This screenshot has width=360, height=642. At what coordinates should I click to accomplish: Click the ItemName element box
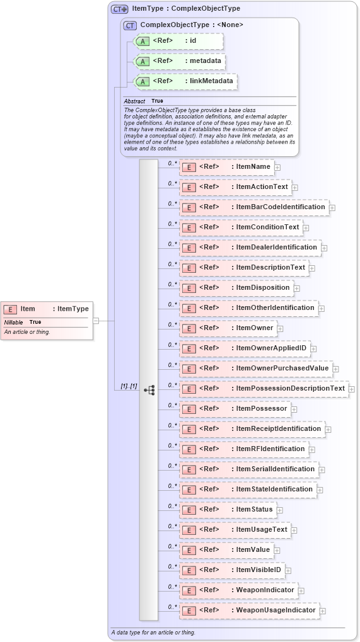[x=226, y=167]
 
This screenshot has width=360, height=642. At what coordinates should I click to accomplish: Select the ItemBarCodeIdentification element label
[x=281, y=207]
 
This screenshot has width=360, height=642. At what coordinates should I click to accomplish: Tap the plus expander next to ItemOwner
[x=281, y=328]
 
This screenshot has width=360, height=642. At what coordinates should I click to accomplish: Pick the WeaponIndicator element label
[x=265, y=590]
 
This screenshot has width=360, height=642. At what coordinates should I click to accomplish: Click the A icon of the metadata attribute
[x=143, y=62]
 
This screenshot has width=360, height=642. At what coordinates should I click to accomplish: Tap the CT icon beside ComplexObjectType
[x=131, y=25]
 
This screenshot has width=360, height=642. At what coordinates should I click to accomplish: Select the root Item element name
[x=28, y=309]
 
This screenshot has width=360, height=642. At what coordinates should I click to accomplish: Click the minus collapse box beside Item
[x=96, y=321]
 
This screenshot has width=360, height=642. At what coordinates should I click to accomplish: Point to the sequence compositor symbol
[x=149, y=390]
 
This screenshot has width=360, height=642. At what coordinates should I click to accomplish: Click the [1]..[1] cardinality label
[x=129, y=386]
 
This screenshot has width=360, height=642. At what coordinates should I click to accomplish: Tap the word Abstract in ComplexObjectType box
[x=134, y=101]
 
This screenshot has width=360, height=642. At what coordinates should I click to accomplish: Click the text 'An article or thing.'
[x=27, y=332]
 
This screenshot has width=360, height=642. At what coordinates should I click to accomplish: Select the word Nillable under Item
[x=14, y=322]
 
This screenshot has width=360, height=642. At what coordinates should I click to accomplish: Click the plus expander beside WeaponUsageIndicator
[x=322, y=610]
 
